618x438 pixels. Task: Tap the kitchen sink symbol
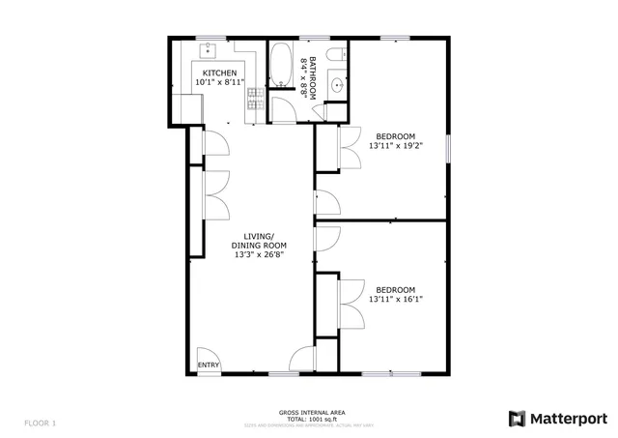pos(208,48)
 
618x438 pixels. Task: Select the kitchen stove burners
pos(255,98)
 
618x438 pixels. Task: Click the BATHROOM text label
pos(309,74)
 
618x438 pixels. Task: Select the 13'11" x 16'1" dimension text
pos(395,300)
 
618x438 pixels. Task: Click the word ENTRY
pos(208,365)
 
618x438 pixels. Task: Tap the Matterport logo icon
pos(518,418)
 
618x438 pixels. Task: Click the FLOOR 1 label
pos(41,423)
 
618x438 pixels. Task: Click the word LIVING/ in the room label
pos(259,236)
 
